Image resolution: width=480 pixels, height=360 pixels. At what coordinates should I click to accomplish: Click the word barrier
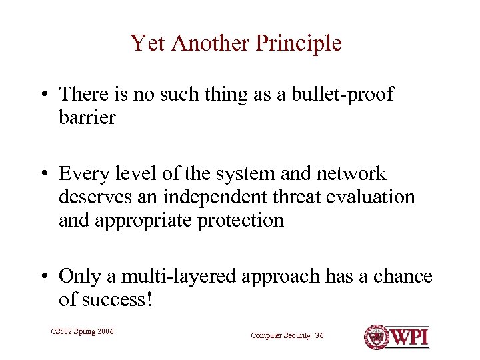click(x=87, y=118)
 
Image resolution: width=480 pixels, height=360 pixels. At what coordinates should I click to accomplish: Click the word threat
click(x=280, y=197)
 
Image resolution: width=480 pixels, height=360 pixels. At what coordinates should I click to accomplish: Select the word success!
click(x=115, y=299)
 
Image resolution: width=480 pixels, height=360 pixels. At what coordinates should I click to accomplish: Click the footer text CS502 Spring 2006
click(x=82, y=331)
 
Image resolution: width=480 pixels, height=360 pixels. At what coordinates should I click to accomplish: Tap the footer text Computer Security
click(x=281, y=335)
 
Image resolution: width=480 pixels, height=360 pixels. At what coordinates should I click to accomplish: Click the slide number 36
click(x=319, y=335)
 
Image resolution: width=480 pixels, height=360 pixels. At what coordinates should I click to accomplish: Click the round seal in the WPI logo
click(x=377, y=337)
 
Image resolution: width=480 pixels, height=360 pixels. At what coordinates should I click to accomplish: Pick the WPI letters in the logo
click(x=409, y=337)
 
